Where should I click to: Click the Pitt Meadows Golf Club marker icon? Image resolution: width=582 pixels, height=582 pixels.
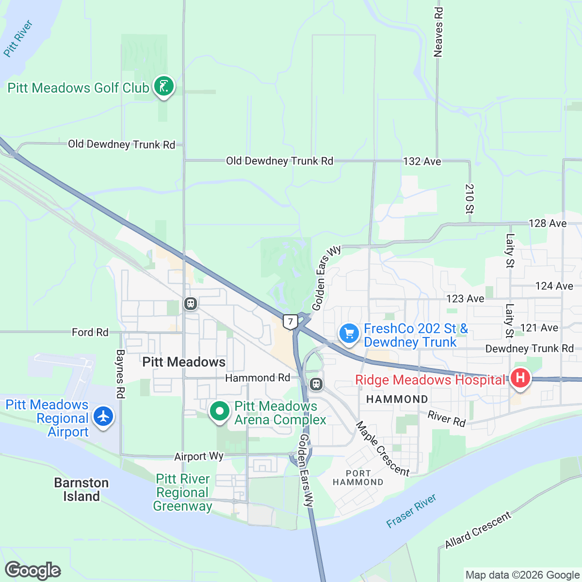click(x=164, y=87)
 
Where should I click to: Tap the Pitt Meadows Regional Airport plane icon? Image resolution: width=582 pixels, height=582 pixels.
click(x=103, y=417)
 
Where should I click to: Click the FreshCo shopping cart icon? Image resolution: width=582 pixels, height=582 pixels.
click(x=349, y=334)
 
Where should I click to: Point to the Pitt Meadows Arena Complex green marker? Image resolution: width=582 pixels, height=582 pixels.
click(x=219, y=412)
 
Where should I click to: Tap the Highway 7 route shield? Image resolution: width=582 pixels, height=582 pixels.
click(x=290, y=322)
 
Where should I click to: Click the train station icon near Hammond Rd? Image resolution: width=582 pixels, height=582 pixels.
click(x=316, y=385)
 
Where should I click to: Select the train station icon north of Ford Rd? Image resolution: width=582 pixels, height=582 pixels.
click(x=190, y=304)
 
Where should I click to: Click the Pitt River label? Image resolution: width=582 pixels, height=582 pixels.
click(x=18, y=38)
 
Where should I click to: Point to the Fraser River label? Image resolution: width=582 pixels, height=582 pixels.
click(x=411, y=511)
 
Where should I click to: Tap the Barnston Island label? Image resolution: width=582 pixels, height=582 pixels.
click(x=81, y=489)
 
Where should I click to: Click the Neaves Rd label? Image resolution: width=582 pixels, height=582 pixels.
click(x=438, y=32)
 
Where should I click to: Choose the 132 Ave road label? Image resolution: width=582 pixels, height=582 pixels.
click(x=422, y=162)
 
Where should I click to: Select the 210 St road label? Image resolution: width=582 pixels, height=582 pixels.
click(x=469, y=199)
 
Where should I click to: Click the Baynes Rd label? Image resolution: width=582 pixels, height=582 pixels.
click(x=120, y=374)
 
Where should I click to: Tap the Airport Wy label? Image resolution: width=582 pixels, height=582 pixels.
click(x=199, y=456)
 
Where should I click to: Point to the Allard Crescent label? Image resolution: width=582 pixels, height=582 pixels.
click(x=478, y=530)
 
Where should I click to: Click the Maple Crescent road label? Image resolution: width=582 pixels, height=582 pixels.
click(x=383, y=449)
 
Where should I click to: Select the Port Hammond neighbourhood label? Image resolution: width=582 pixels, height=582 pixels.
click(x=358, y=478)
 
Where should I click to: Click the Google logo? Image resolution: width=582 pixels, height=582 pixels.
click(x=33, y=570)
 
